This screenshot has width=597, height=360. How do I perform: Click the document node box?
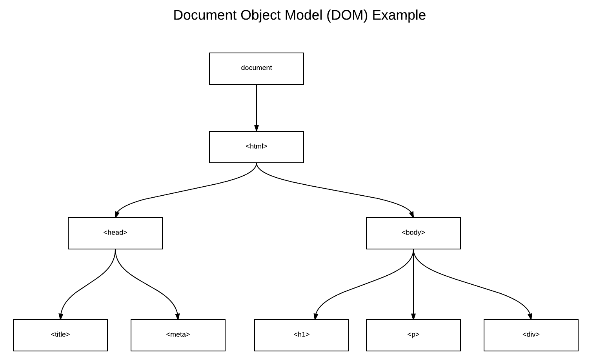click(x=256, y=68)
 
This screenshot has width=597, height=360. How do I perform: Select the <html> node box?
click(x=256, y=147)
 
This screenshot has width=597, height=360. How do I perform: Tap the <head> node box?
click(x=115, y=233)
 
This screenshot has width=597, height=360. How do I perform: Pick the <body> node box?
click(x=413, y=233)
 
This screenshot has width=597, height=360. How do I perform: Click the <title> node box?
click(x=60, y=335)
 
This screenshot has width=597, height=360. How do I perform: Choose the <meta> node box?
click(x=178, y=335)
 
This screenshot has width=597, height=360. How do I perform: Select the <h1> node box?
click(x=301, y=335)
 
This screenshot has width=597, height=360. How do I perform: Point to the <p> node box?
click(x=413, y=335)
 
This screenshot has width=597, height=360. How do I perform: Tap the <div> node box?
click(x=531, y=335)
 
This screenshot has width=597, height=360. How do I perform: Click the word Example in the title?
click(x=399, y=15)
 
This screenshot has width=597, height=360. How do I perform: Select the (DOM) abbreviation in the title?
click(x=347, y=15)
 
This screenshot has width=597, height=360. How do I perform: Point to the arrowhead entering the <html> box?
click(x=256, y=128)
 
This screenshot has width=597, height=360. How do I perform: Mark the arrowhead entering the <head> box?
click(x=117, y=214)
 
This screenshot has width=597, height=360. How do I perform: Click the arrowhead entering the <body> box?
click(x=411, y=214)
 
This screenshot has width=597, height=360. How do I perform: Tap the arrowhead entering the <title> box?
click(x=60, y=316)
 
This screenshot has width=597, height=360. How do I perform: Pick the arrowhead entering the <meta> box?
click(x=177, y=316)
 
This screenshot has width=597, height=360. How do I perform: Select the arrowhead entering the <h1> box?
click(x=315, y=316)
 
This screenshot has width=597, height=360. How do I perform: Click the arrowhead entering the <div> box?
click(x=530, y=316)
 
